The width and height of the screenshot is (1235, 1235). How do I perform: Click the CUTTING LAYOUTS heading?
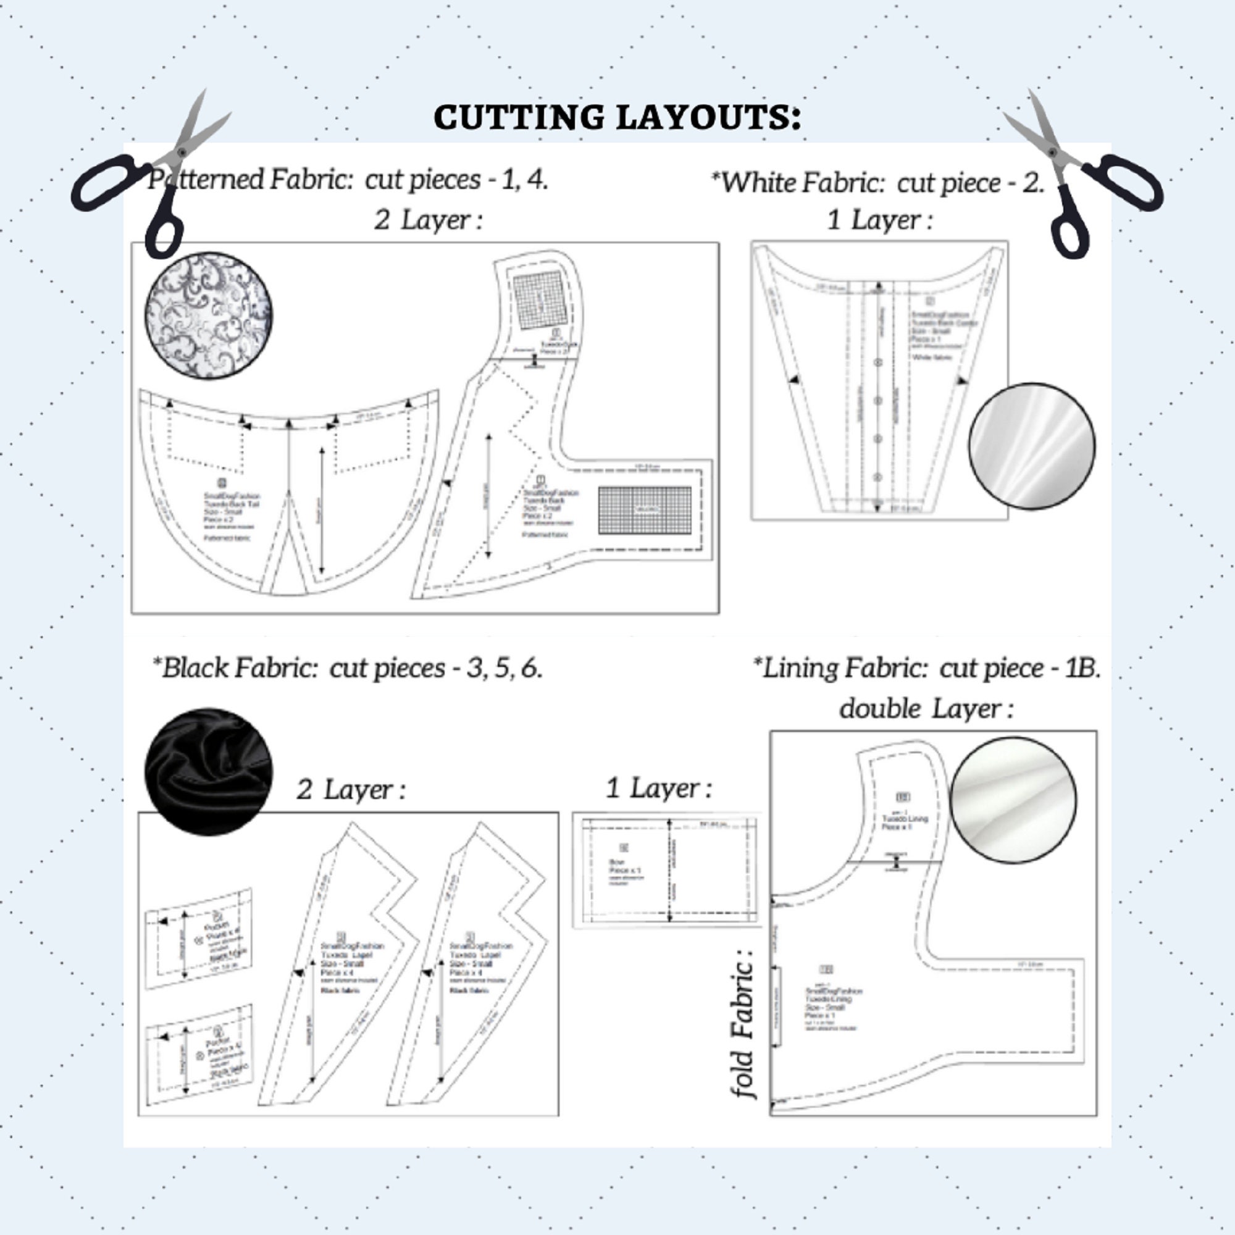click(617, 117)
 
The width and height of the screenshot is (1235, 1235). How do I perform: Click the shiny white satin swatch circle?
click(1031, 446)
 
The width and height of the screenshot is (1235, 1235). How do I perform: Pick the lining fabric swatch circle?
click(1013, 800)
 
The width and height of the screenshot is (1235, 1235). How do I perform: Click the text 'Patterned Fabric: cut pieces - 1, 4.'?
click(348, 180)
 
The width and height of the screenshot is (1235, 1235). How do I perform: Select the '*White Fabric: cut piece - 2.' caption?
click(877, 183)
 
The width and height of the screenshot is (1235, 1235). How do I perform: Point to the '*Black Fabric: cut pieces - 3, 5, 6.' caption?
click(348, 668)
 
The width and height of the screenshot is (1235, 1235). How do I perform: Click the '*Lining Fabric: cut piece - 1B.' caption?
click(927, 668)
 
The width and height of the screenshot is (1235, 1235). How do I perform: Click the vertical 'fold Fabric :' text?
click(742, 1023)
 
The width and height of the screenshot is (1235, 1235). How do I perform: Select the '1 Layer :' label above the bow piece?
click(658, 788)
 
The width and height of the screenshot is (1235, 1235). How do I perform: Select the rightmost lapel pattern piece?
click(473, 965)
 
